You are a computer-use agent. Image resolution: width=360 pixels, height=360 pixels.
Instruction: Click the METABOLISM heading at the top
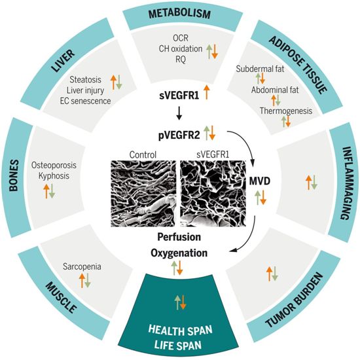point(180,13)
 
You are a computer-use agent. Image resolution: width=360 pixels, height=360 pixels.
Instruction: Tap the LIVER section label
point(63,61)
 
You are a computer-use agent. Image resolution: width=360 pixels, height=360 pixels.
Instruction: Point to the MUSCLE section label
point(61,298)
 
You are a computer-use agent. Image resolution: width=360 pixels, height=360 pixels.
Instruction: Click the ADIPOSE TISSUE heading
point(298,65)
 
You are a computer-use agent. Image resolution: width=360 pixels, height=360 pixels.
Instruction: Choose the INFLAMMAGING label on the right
point(347,183)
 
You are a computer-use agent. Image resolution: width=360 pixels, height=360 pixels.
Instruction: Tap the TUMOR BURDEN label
point(295,300)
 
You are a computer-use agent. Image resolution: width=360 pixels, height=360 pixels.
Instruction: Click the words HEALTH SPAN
point(181,331)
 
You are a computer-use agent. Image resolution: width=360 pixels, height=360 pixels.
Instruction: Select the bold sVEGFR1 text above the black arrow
point(179,96)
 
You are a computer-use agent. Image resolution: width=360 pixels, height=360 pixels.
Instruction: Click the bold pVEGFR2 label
point(179,135)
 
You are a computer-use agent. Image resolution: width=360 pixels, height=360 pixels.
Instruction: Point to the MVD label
point(260,181)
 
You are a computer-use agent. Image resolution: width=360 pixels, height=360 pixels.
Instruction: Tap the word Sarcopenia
point(82,266)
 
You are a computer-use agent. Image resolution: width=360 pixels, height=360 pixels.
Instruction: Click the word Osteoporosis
point(54,165)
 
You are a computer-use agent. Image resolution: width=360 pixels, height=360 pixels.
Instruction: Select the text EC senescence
point(85,101)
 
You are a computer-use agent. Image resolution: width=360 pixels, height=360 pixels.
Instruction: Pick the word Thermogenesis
point(286,111)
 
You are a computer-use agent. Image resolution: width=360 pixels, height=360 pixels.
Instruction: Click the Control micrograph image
point(143,194)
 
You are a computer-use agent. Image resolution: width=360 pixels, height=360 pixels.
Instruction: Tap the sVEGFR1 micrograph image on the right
point(213,194)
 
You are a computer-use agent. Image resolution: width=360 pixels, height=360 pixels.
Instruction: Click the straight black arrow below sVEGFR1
point(179,113)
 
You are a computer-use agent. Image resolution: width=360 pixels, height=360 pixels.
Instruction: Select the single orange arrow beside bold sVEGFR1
point(206,92)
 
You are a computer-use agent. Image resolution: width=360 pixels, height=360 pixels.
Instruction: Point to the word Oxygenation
point(179,253)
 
